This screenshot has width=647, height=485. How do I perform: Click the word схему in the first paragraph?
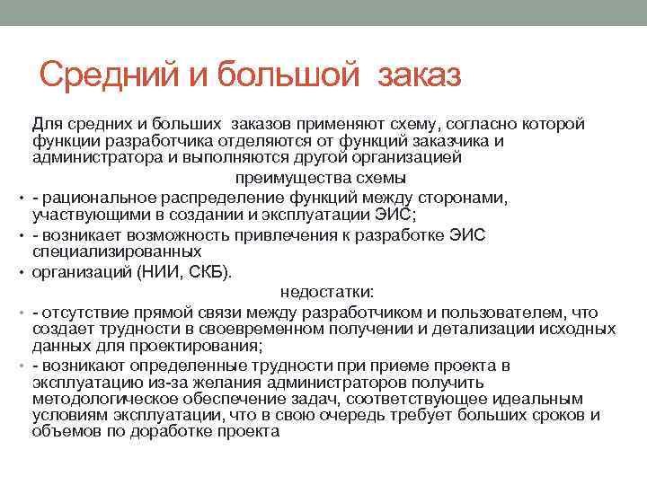coord(417,124)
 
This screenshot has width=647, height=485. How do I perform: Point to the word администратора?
coord(93,156)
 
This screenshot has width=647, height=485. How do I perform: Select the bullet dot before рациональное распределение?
coord(18,198)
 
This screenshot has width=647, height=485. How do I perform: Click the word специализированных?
coord(104,251)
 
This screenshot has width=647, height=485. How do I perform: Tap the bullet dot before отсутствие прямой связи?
coord(18,313)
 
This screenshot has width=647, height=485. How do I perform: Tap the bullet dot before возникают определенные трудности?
coord(18,366)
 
